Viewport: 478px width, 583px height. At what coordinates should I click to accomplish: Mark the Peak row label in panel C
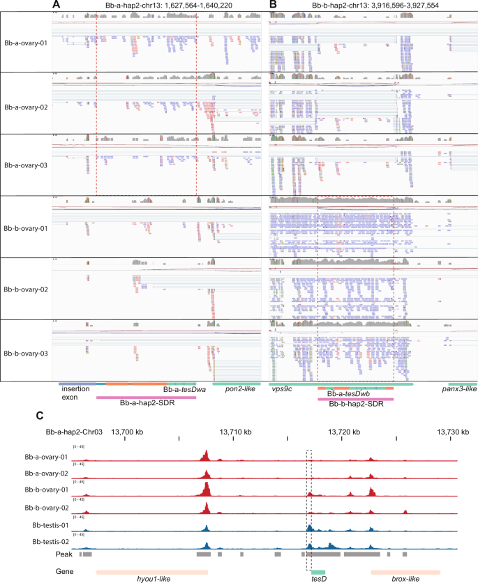pyautogui.click(x=64, y=554)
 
